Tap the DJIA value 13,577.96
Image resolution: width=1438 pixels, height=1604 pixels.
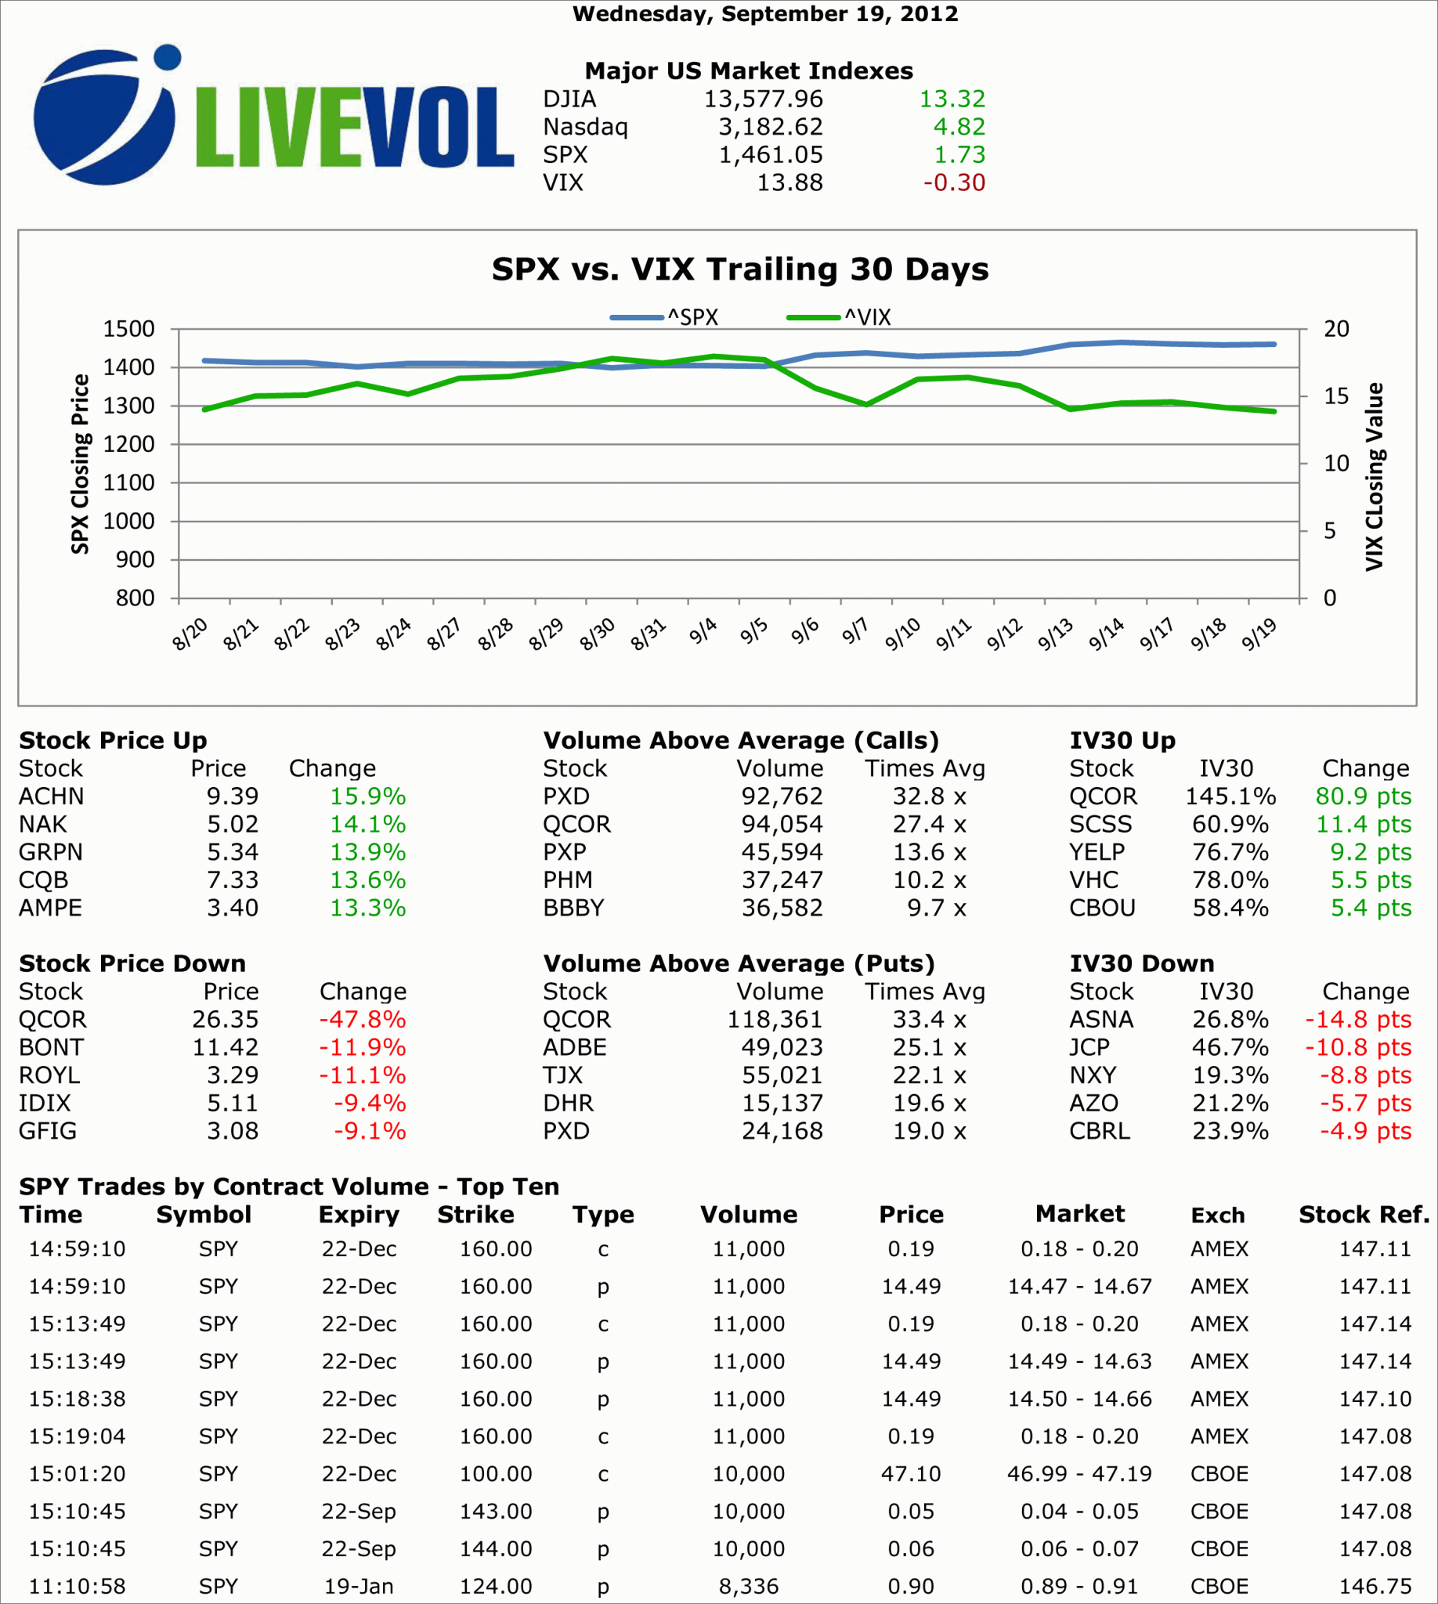pos(763,99)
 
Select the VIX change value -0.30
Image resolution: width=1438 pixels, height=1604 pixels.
pos(954,183)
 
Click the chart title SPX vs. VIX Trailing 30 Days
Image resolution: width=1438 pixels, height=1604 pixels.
pos(739,269)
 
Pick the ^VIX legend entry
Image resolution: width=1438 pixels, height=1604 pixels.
pos(839,318)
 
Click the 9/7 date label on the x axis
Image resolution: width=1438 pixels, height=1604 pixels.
pos(855,632)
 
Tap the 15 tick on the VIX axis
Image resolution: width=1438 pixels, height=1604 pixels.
pos(1336,396)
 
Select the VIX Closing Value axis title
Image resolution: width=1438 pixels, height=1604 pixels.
pos(1375,477)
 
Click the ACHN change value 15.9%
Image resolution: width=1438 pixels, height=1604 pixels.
pos(367,797)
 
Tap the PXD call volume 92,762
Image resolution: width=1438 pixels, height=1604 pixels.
pos(782,797)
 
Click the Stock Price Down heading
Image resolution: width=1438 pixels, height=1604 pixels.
pos(132,964)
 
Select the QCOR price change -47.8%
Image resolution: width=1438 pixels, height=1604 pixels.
pos(362,1020)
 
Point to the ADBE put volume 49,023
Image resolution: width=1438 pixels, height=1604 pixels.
pos(782,1048)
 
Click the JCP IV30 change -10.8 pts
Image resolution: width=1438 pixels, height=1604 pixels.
pos(1357,1048)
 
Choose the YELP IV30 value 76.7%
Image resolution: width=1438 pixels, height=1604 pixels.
pos(1230,853)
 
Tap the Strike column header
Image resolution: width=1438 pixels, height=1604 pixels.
pos(475,1215)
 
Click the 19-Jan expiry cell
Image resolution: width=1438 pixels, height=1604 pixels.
pos(359,1587)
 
